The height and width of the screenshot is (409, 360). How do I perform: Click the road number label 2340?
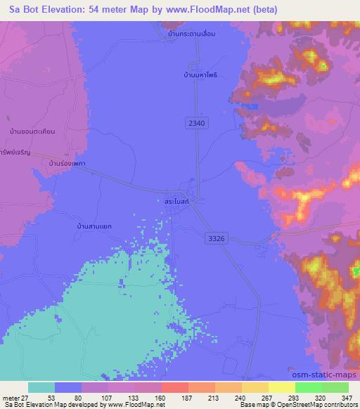click(198, 123)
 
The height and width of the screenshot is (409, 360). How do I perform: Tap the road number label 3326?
click(217, 239)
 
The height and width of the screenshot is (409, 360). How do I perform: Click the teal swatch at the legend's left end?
click(41, 387)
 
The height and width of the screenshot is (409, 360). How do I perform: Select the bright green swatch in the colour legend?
click(308, 387)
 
